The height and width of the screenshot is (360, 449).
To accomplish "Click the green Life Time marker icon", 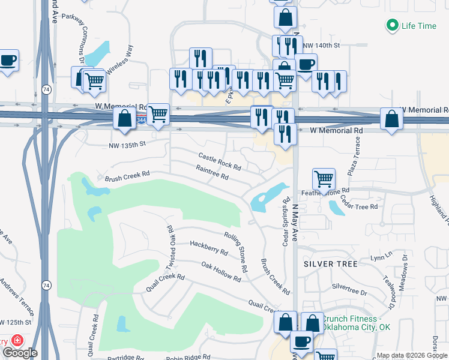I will [392, 26].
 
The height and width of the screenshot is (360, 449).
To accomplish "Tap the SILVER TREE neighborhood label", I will [331, 264].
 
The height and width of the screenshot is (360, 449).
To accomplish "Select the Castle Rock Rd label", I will [220, 161].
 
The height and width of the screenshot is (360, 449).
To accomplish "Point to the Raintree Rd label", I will [212, 173].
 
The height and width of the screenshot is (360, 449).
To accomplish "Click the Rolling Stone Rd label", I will [236, 253].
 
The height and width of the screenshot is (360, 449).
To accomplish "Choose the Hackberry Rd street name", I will [208, 248].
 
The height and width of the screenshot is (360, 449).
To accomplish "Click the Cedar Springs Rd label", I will [286, 221].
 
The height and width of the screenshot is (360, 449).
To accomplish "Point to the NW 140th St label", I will [322, 45].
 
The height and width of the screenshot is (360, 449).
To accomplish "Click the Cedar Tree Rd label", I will [359, 202].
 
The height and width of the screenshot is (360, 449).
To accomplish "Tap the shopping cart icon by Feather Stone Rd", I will [324, 178].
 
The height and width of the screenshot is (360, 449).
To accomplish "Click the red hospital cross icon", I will [18, 340].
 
